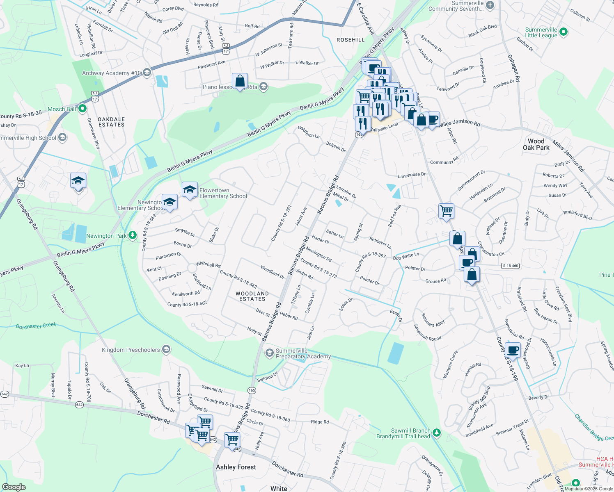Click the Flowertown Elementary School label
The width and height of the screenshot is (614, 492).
coord(223,194)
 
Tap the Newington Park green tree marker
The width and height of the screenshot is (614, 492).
coord(132,235)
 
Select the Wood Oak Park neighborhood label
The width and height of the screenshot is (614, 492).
coord(536,144)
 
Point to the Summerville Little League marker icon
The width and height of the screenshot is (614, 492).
coord(564,32)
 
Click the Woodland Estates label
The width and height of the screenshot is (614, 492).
coord(252,296)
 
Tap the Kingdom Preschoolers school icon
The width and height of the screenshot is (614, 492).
coord(166,350)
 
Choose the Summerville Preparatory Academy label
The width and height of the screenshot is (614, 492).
coord(303,353)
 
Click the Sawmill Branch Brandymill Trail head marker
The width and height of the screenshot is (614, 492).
coord(437,432)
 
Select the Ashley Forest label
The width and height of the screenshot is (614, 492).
coord(236,467)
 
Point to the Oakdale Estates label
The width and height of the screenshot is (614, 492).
coord(111,122)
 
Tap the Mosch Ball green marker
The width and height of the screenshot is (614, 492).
coord(82,109)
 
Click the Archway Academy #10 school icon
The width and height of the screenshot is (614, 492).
coord(147,73)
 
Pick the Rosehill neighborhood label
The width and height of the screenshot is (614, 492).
coord(351,40)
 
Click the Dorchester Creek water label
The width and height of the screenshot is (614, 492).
coord(36,326)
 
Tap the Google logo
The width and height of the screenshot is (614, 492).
coord(14,487)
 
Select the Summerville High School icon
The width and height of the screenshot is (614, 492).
coord(62,137)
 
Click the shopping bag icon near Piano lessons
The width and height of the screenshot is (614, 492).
coord(240,80)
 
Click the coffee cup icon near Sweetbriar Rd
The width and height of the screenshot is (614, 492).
coord(513,350)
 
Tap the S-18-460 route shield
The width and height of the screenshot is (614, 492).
coord(511,266)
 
